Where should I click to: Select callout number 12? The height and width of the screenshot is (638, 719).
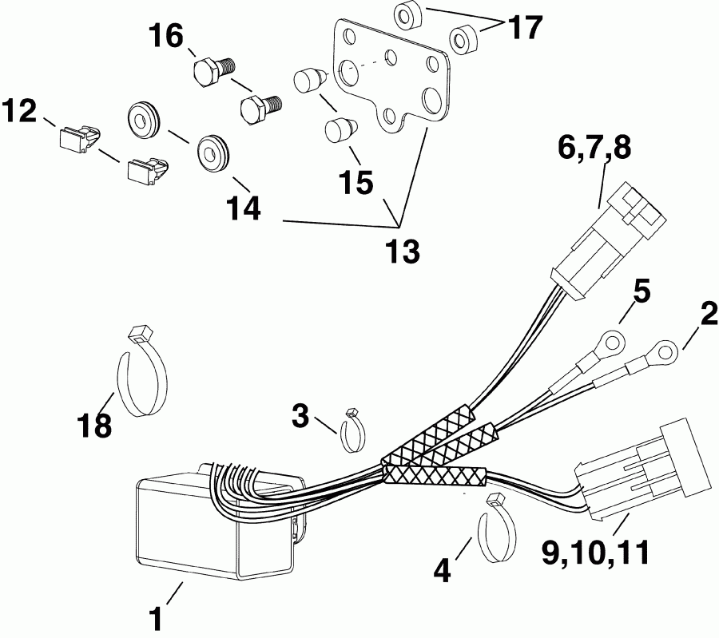(19, 111)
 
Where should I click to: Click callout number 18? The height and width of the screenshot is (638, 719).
(94, 424)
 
